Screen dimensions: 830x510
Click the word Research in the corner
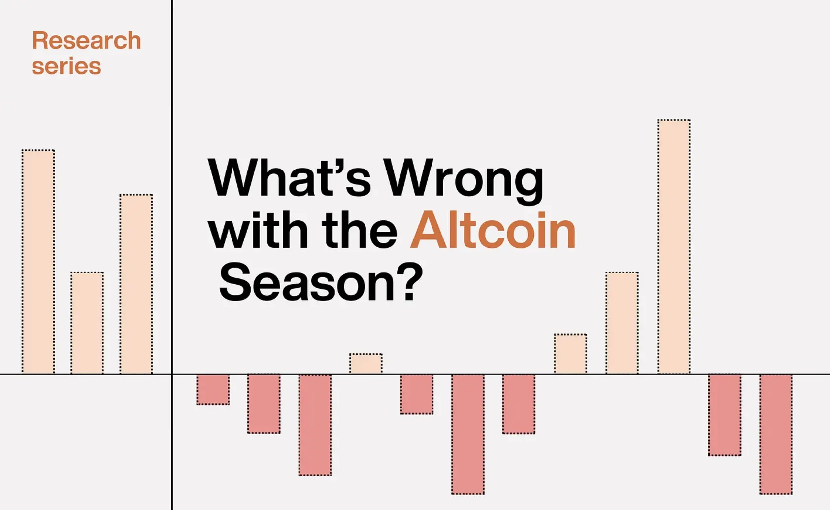pos(86,40)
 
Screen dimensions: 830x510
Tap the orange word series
pos(66,67)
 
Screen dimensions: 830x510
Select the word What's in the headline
pos(289,177)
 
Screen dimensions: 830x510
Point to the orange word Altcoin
pos(493,230)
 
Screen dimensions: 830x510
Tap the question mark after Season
pos(412,282)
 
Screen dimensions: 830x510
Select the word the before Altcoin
pos(359,230)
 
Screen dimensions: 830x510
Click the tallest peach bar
pos(674,246)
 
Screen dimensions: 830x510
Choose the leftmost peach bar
pos(38,262)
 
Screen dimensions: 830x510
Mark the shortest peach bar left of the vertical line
pos(87,323)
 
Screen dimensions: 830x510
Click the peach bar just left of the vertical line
pos(136,284)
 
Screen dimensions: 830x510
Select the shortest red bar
pos(213,389)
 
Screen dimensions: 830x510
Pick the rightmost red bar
pos(775,434)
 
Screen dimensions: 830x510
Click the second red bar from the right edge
pos(725,415)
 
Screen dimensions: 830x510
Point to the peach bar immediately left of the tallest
pos(622,323)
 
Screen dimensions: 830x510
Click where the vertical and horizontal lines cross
pos(172,374)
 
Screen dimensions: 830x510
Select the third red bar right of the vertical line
pos(315,425)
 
